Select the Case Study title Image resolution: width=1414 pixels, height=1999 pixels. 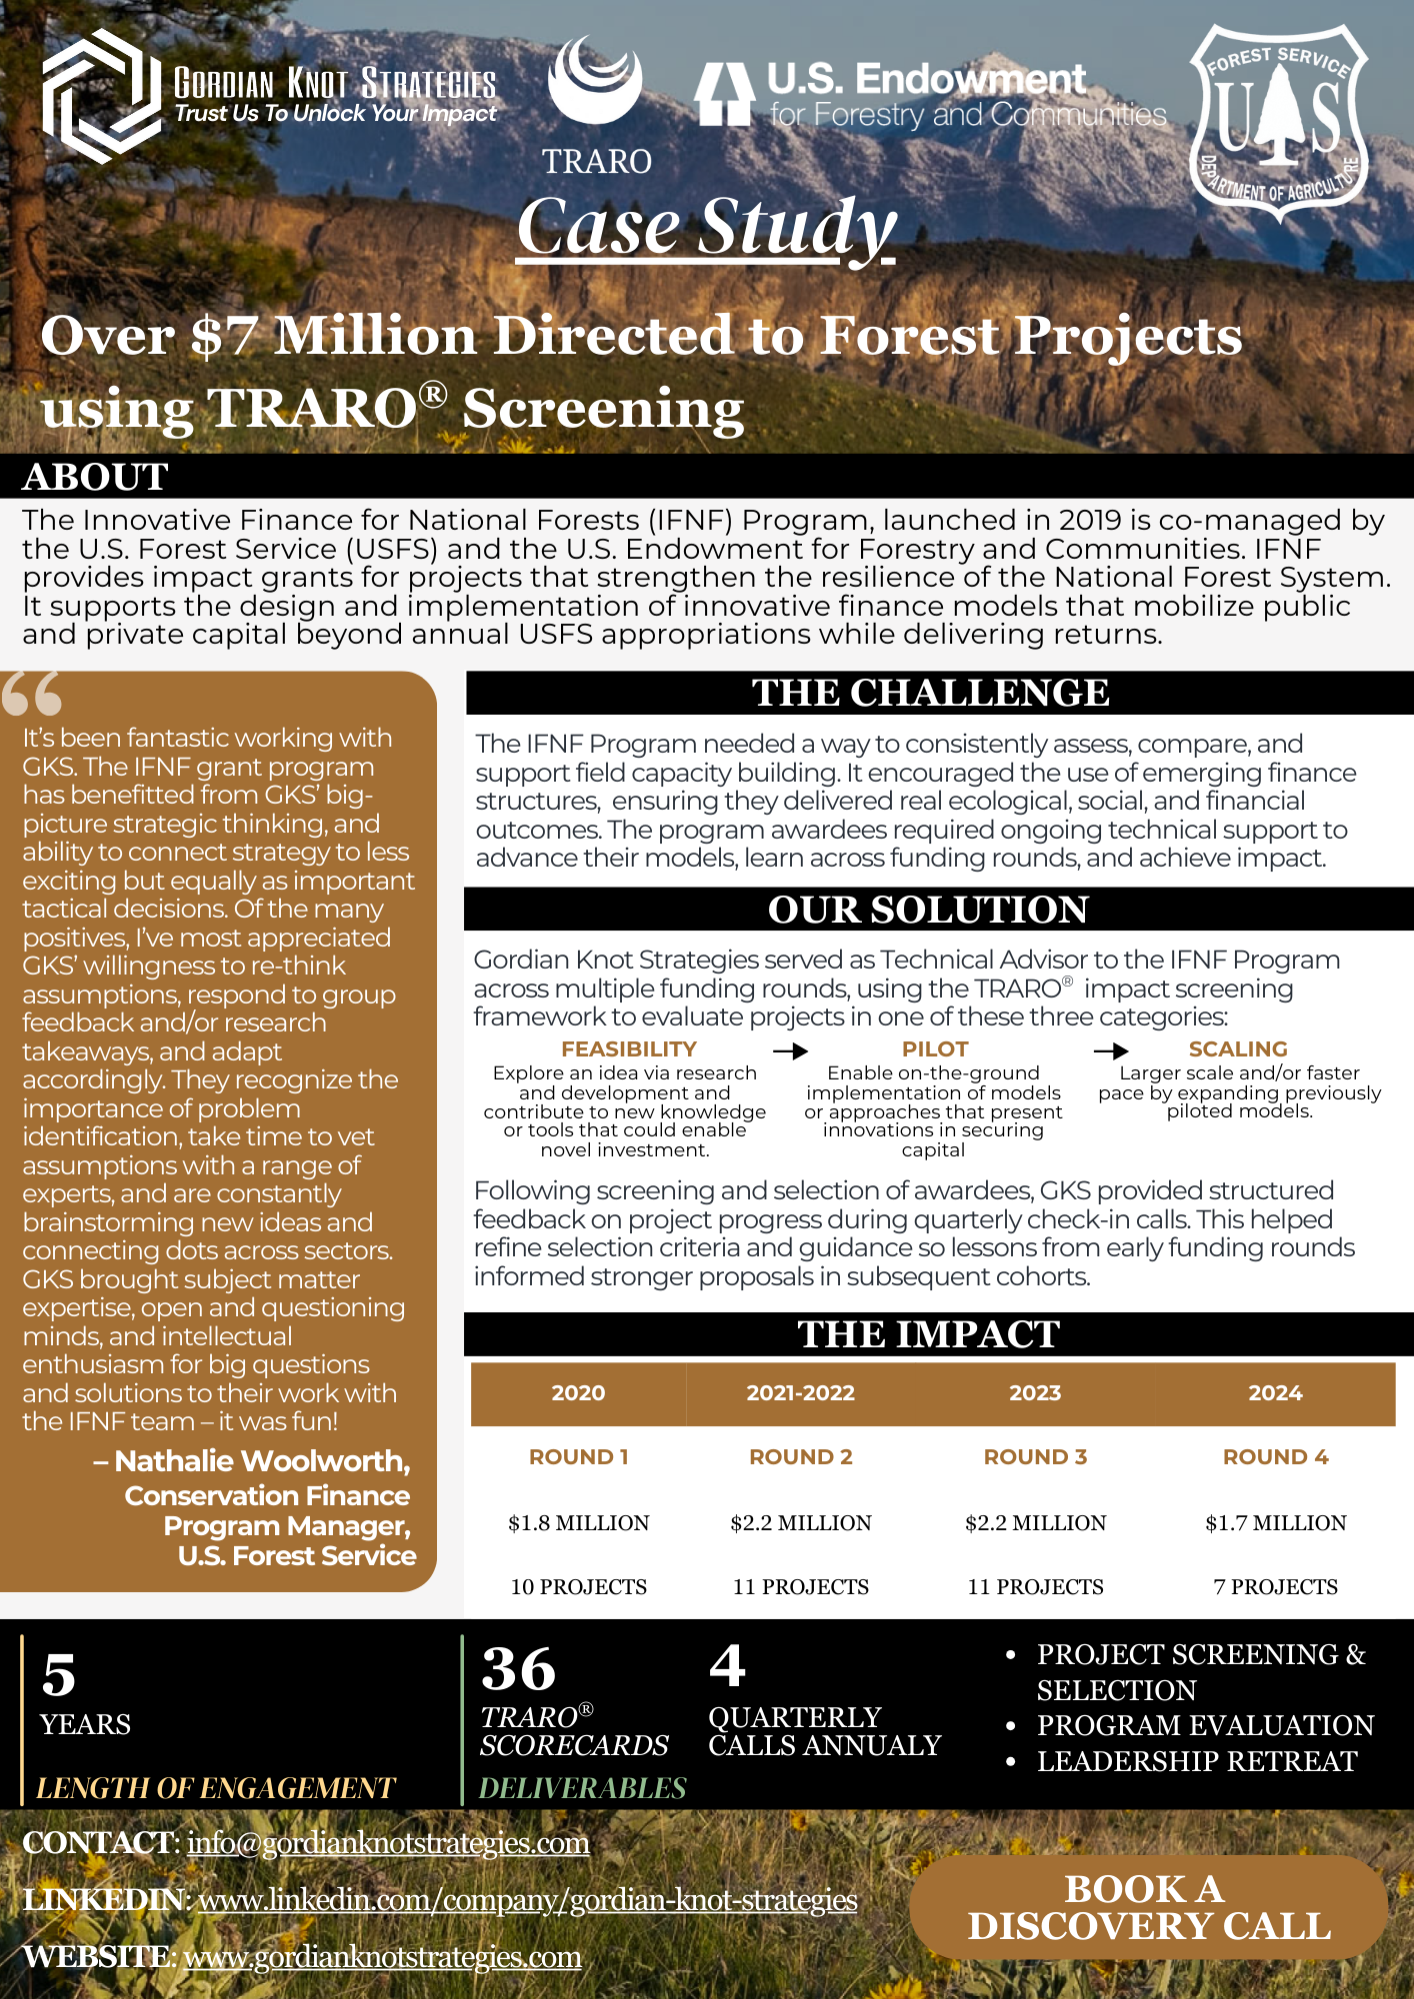click(x=706, y=227)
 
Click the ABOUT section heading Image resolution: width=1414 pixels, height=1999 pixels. click(x=95, y=477)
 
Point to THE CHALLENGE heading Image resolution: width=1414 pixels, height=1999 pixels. click(x=930, y=693)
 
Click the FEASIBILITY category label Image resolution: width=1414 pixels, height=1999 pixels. click(x=628, y=1048)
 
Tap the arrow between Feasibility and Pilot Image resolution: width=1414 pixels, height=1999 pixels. click(x=790, y=1050)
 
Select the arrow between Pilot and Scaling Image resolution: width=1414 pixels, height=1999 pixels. click(x=1110, y=1050)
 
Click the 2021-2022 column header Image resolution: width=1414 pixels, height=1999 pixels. click(x=800, y=1393)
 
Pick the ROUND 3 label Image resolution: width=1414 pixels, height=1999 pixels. click(x=1035, y=1457)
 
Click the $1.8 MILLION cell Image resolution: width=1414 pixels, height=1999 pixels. click(x=578, y=1523)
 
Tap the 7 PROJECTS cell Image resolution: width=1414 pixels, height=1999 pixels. click(x=1275, y=1587)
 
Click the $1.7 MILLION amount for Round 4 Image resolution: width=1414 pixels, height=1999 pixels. click(x=1275, y=1523)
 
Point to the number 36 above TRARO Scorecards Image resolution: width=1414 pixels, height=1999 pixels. click(x=518, y=1670)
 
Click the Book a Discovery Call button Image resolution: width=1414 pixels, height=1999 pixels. click(x=1148, y=1907)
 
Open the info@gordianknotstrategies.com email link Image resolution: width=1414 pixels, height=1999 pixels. click(x=388, y=1842)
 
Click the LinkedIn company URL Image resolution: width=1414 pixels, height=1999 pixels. click(x=527, y=1899)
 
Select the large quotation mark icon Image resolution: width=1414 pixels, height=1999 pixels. click(x=32, y=693)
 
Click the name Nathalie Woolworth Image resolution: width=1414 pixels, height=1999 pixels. click(x=262, y=1461)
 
